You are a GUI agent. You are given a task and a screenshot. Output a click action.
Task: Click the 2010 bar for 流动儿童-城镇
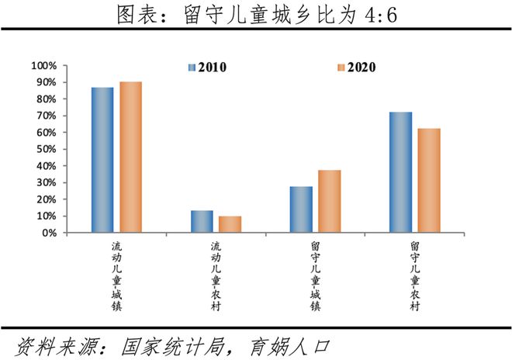tap(102, 160)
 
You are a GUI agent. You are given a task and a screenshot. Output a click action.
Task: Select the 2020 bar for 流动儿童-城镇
tap(130, 157)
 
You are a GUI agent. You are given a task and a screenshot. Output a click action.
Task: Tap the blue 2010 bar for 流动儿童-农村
tap(202, 221)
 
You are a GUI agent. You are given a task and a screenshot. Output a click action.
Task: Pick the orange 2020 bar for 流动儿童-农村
tap(230, 224)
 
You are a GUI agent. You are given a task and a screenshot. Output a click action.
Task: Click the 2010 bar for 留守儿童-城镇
tap(301, 209)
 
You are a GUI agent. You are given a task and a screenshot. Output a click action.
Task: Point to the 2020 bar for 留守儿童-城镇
tap(330, 202)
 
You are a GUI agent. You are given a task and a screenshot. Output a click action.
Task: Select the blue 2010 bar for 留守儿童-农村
tap(400, 172)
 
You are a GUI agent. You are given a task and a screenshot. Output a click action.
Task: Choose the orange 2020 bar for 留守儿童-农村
tap(429, 181)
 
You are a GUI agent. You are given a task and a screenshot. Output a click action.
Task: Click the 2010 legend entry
tap(207, 67)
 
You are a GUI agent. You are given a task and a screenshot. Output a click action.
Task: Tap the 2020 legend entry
tap(357, 67)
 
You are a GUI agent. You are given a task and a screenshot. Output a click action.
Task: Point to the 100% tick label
tap(44, 66)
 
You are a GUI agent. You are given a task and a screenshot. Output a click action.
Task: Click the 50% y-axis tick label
tap(47, 149)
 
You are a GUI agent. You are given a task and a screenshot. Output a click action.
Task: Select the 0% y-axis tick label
tap(50, 233)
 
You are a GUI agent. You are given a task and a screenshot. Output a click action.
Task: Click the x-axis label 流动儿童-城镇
tap(116, 276)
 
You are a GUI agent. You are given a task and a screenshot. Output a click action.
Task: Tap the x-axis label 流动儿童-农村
tap(216, 276)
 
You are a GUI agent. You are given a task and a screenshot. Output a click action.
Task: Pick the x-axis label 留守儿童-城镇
tap(316, 276)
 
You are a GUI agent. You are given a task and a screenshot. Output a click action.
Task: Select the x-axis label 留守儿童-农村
tap(415, 276)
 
